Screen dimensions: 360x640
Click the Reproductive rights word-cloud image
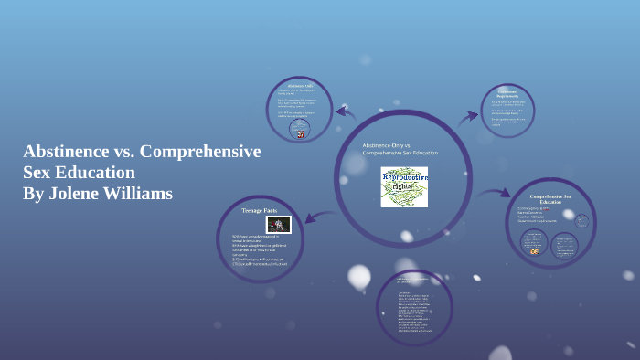click(x=404, y=186)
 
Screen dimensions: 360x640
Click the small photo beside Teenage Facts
click(x=278, y=224)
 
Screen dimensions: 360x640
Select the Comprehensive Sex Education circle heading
click(x=550, y=198)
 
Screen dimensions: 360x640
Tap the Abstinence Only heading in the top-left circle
click(x=299, y=87)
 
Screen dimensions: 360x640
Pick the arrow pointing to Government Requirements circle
click(x=468, y=116)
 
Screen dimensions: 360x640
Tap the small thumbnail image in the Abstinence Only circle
click(x=299, y=132)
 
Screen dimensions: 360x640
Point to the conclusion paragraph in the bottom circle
click(x=414, y=306)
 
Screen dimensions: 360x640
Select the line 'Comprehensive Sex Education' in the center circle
click(x=400, y=154)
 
